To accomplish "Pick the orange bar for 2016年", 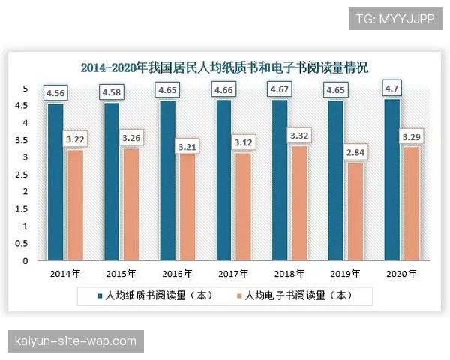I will tap(187, 205).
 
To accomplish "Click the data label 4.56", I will tap(55, 93).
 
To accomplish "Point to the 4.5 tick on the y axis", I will tap(25, 106).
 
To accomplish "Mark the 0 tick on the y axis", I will tap(25, 261).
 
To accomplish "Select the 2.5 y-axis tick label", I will tap(25, 175).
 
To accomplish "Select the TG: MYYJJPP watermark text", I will tap(395, 19).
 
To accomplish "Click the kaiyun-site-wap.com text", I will tap(75, 341).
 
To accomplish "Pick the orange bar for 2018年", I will tap(301, 203).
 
